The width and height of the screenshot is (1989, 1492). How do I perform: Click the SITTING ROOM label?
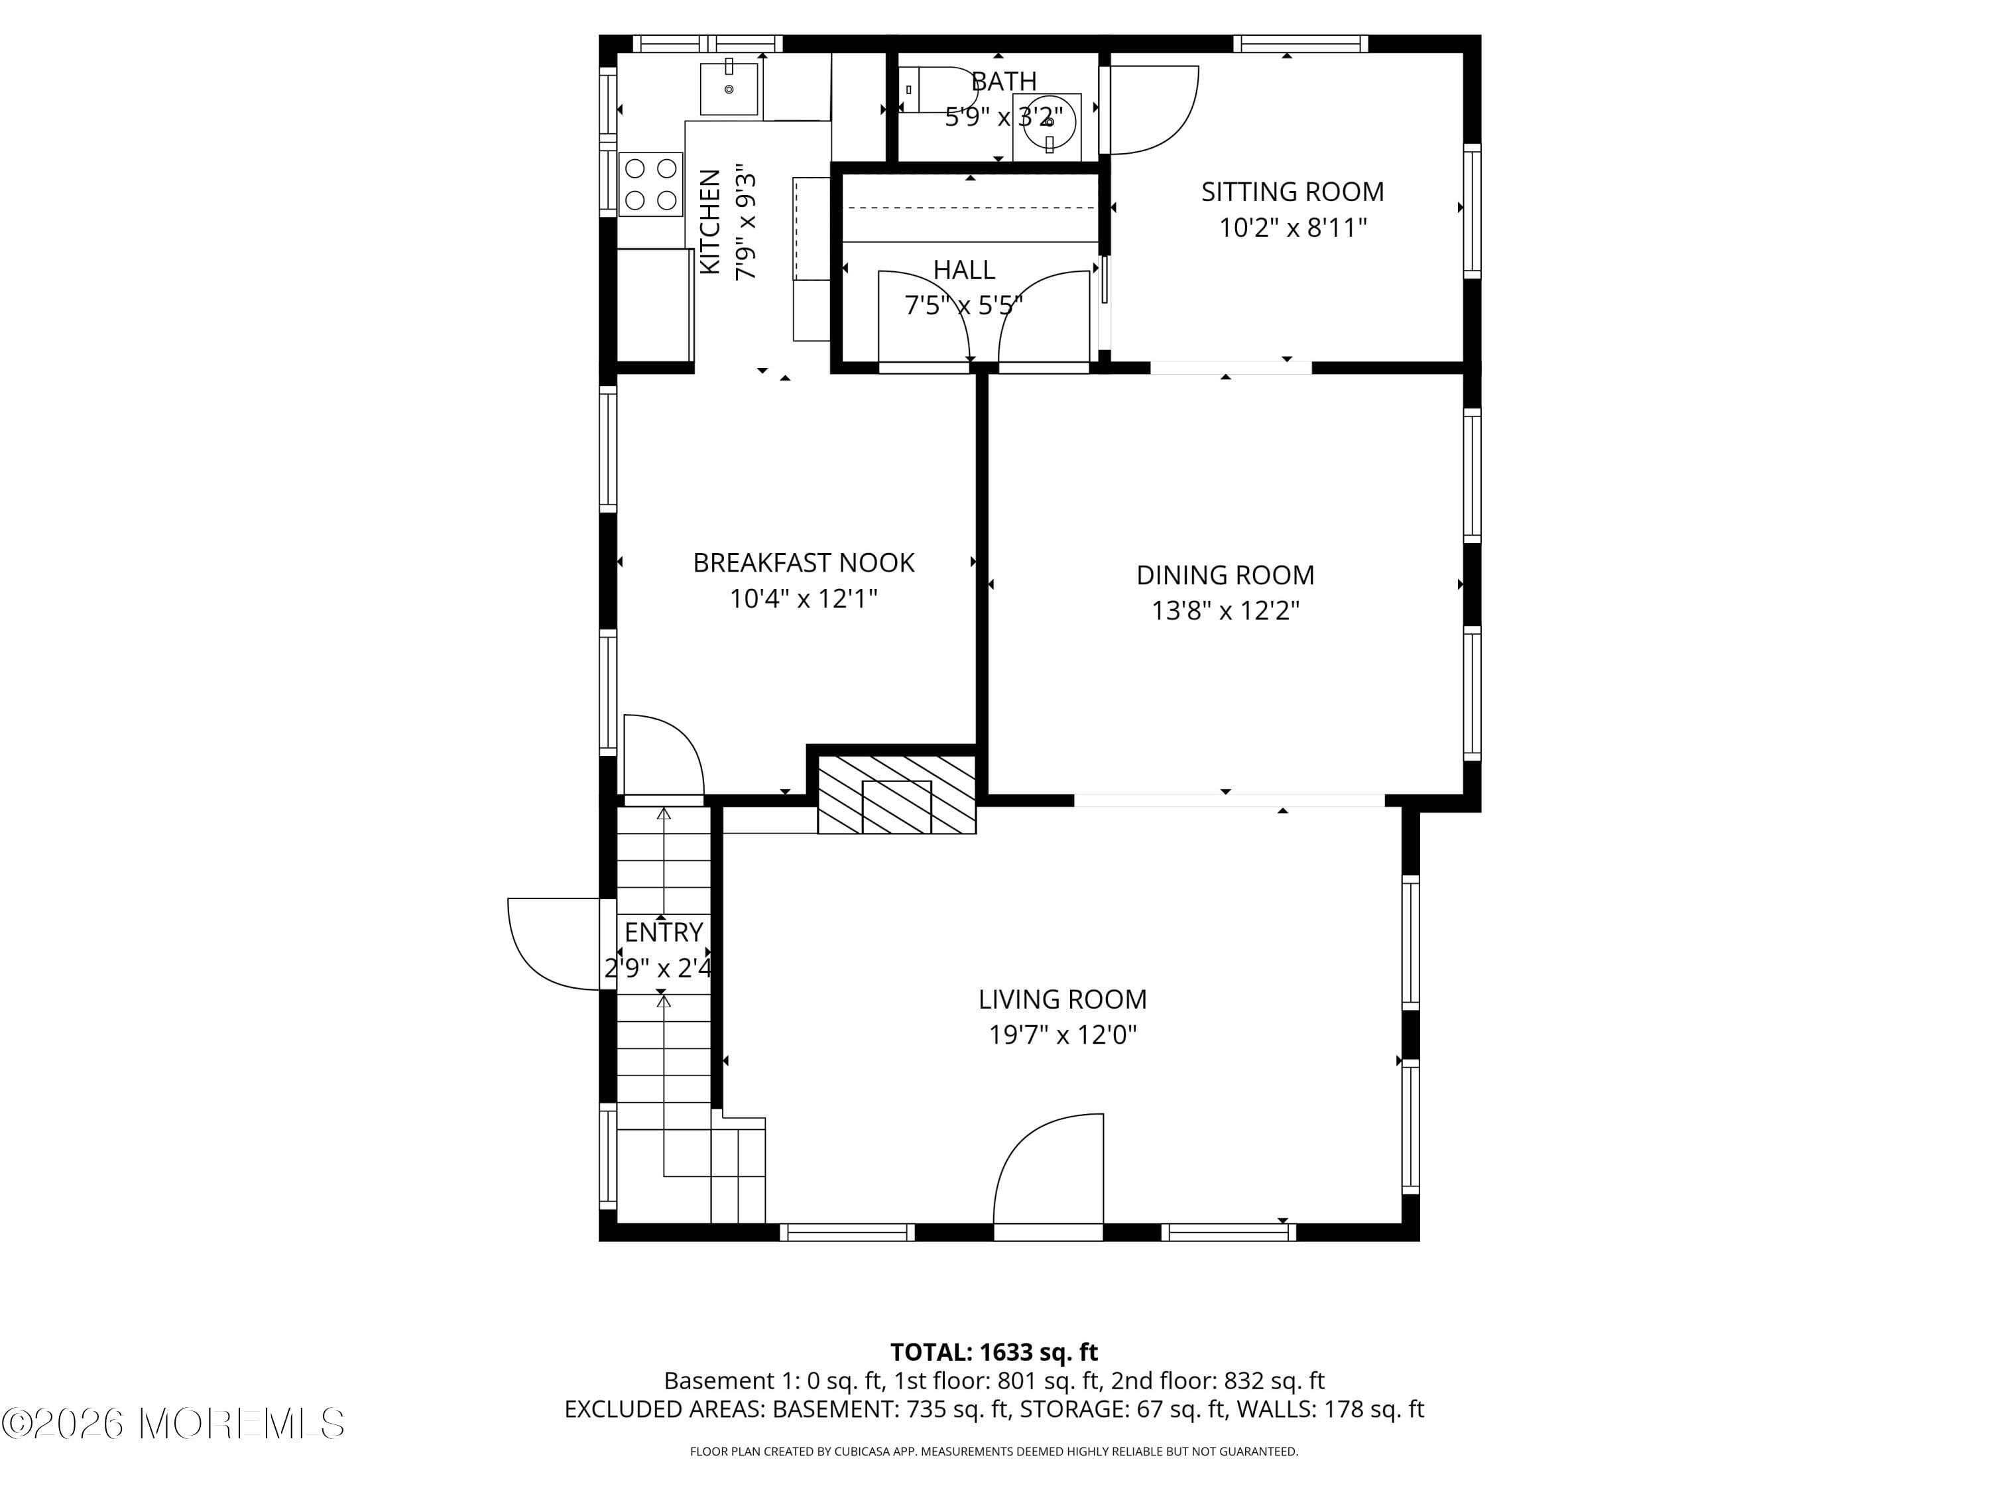tap(1292, 192)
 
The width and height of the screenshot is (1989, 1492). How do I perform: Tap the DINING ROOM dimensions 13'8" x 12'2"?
tap(1225, 611)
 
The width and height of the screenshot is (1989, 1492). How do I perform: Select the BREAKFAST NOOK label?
tap(803, 563)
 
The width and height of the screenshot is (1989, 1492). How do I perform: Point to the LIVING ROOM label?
tap(1062, 999)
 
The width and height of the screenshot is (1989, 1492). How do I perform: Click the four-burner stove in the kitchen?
tap(651, 184)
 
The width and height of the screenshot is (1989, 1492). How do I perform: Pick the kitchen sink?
tap(729, 89)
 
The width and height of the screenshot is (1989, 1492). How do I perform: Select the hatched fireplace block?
tap(896, 795)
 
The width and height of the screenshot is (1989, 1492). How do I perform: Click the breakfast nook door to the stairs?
tap(663, 755)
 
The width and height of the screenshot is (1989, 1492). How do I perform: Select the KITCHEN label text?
tap(710, 221)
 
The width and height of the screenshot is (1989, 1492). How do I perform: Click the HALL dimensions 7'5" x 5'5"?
tap(963, 306)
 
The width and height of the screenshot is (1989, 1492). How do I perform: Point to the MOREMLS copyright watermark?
tap(172, 1424)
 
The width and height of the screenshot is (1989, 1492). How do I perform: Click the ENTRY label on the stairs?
tap(664, 932)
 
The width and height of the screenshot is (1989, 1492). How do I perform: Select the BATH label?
tap(1004, 82)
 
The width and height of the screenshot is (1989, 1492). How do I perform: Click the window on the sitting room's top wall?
tap(1299, 44)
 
